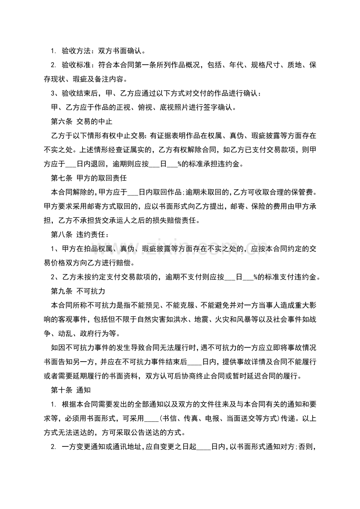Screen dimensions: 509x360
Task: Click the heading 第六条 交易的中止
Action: (82, 122)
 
